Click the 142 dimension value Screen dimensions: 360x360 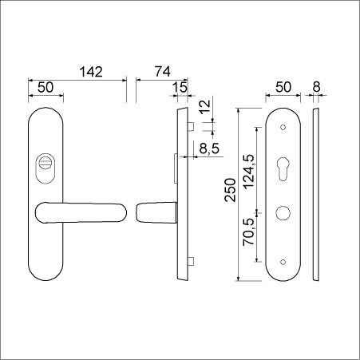[91, 72]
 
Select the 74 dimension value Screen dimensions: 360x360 [163, 72]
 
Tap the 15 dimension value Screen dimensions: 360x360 [180, 87]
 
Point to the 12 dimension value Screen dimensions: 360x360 [206, 107]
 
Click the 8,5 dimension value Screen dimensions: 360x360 [209, 148]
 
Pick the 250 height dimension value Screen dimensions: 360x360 [231, 190]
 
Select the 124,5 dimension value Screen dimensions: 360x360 [249, 172]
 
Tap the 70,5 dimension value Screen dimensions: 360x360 [248, 231]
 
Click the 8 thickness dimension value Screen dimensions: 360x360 [316, 87]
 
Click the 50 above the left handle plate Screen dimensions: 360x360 [45, 87]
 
